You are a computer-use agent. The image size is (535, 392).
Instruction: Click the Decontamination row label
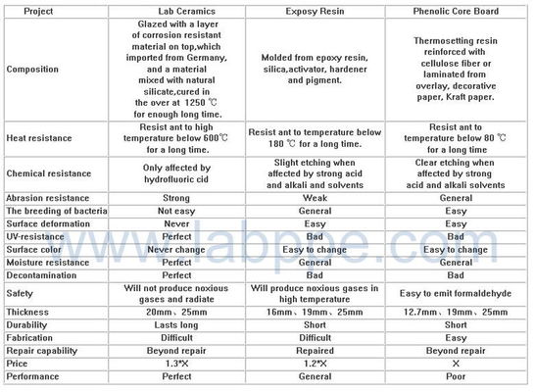(44, 274)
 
